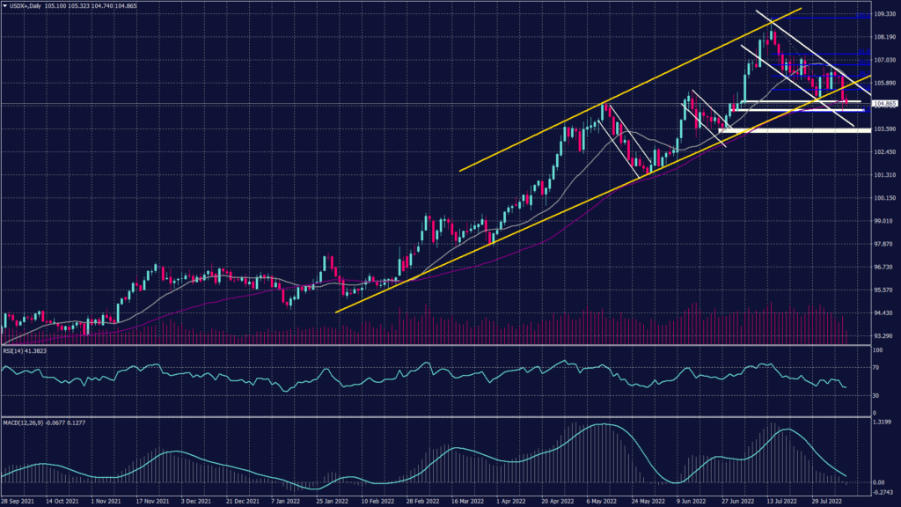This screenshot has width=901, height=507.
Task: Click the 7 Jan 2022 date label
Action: pos(287,501)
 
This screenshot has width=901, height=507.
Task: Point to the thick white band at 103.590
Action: pos(792,130)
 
